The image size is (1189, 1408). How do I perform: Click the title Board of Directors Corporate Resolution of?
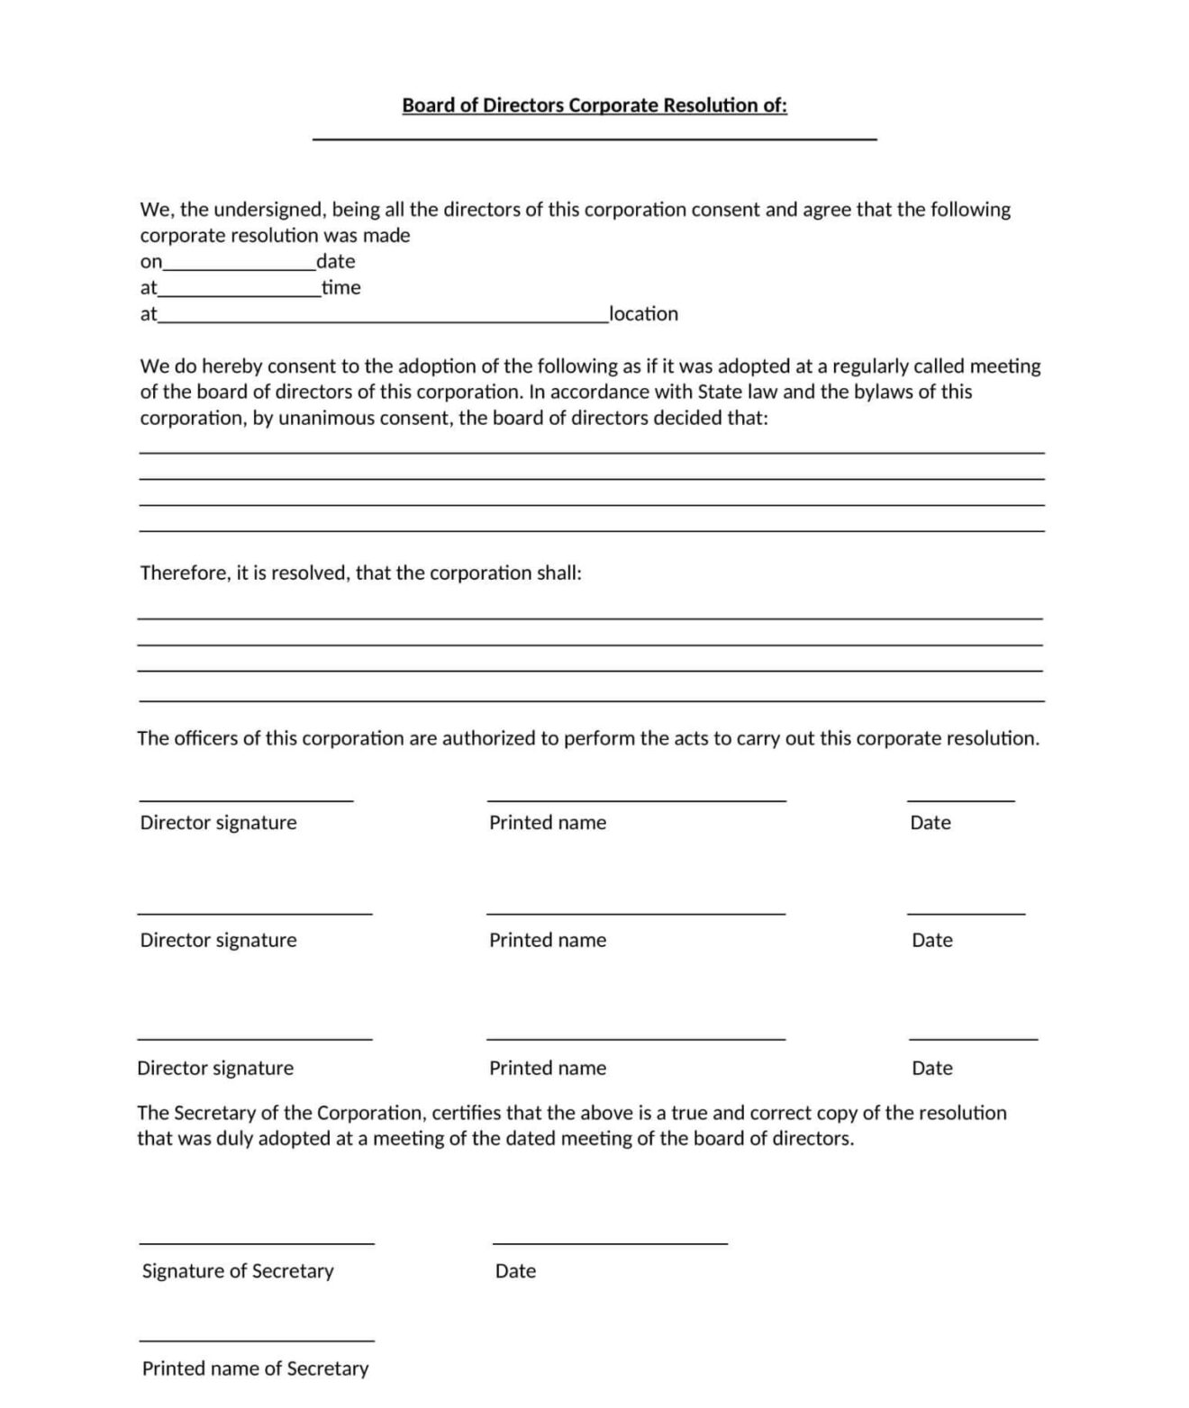point(594,105)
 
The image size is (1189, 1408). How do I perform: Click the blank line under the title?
point(594,139)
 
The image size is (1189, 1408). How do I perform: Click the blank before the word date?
point(239,267)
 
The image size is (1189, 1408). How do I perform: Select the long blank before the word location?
point(383,320)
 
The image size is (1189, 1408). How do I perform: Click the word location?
point(644,314)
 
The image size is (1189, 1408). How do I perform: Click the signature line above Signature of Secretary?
point(257,1243)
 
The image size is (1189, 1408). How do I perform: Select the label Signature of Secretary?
point(238,1271)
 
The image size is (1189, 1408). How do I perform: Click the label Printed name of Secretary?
point(255,1369)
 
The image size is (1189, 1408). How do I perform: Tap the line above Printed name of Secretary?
point(257,1340)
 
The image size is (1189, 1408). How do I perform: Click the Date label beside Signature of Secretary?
point(515,1271)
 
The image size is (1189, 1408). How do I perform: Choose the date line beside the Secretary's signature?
point(610,1243)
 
